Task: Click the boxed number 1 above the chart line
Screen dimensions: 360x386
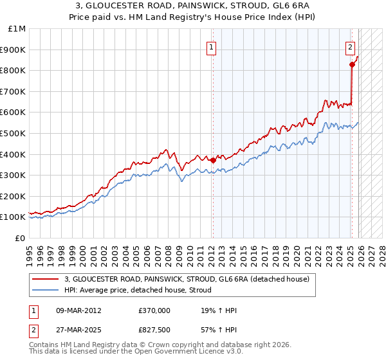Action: click(212, 46)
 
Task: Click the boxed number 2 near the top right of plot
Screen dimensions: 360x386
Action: click(350, 46)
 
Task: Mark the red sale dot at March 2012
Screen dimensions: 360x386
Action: click(212, 161)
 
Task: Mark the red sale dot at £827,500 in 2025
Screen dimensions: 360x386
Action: click(352, 64)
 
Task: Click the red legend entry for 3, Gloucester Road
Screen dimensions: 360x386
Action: click(187, 279)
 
